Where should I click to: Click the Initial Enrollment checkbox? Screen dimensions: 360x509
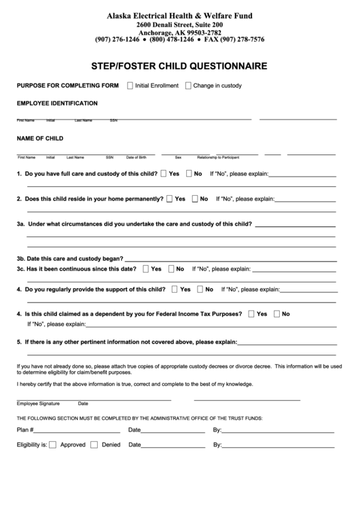point(130,86)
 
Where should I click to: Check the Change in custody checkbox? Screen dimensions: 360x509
point(187,86)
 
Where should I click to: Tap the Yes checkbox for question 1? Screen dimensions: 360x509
point(164,173)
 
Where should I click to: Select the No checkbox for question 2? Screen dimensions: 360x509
point(195,199)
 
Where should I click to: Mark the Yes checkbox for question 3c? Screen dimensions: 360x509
point(146,268)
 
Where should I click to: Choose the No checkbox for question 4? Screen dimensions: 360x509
point(200,289)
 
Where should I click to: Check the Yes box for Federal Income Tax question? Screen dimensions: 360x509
point(252,313)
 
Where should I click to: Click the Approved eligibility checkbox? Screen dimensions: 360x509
point(54,445)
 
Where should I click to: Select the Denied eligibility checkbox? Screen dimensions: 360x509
point(96,445)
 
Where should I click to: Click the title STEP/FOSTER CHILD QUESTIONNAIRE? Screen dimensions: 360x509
point(180,67)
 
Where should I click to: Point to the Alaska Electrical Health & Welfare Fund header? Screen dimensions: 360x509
point(180,14)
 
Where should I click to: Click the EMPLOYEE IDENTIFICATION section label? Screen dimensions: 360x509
point(57,103)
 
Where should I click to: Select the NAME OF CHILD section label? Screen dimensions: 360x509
point(40,138)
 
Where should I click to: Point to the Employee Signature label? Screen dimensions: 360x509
point(38,403)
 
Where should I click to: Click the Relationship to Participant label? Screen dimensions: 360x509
point(218,157)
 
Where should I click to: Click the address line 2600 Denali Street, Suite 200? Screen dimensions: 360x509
point(180,24)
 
